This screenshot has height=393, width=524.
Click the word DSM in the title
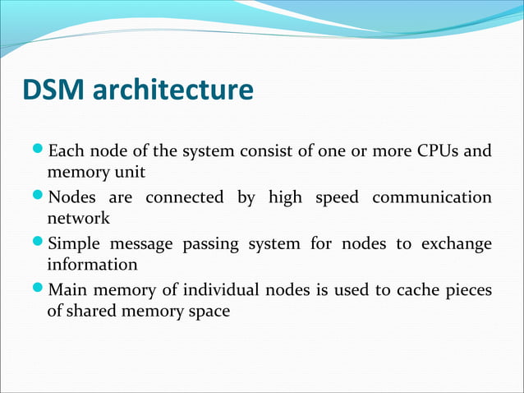click(54, 90)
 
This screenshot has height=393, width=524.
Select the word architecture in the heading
click(173, 90)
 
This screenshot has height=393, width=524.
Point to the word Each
click(65, 151)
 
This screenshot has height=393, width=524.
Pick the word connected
click(184, 197)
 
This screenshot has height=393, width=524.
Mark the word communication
click(432, 197)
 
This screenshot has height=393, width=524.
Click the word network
click(78, 220)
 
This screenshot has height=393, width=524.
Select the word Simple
click(76, 244)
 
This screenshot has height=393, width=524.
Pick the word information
click(93, 266)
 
